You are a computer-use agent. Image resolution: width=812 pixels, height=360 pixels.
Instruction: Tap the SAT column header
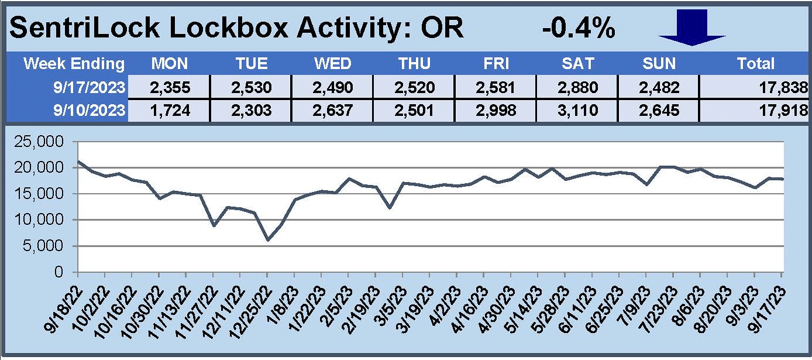coord(583,64)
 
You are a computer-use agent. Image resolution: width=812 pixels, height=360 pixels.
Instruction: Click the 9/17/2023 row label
coord(88,88)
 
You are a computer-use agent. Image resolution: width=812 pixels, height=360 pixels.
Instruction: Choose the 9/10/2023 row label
coord(88,111)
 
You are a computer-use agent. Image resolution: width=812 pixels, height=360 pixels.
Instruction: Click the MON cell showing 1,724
coord(170,111)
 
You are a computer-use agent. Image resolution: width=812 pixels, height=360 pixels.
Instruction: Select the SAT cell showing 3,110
coord(583,111)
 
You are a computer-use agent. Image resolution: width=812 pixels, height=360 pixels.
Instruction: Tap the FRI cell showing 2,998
coord(500,111)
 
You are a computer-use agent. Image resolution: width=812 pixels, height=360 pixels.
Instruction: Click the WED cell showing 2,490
coord(335,88)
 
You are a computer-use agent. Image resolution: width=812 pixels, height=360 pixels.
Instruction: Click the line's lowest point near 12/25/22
coord(267,240)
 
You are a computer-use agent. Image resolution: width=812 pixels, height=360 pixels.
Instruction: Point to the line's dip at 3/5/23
coord(389,207)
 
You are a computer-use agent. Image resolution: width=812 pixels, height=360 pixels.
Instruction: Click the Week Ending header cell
coord(74,64)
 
